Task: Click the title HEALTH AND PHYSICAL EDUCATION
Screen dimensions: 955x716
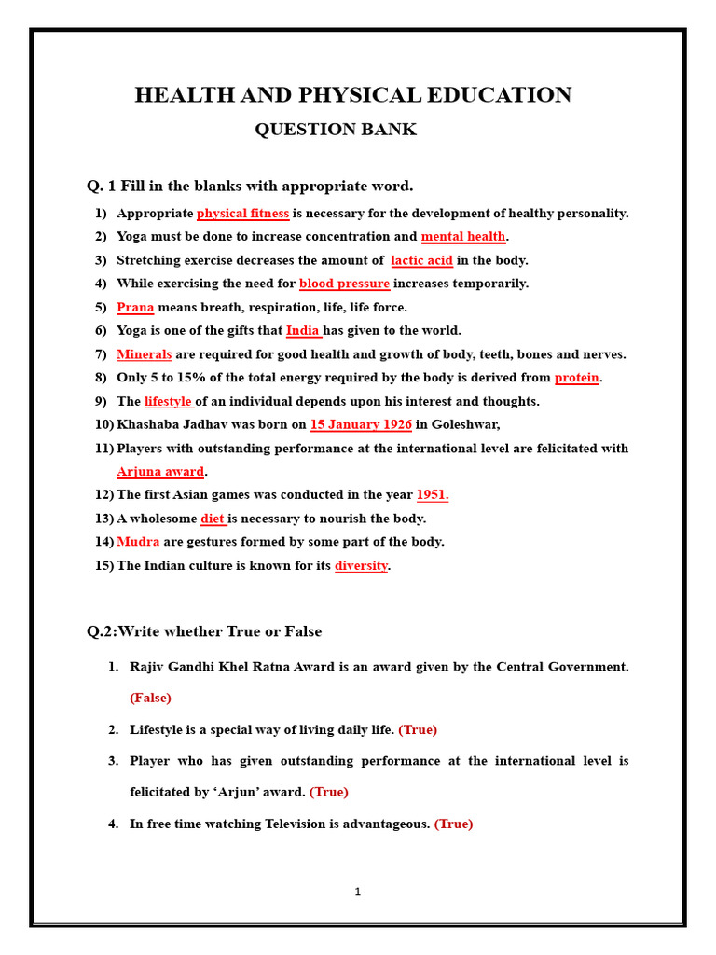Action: [x=352, y=95]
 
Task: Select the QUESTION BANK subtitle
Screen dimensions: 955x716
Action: [x=336, y=130]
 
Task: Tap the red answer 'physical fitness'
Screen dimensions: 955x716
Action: [x=242, y=214]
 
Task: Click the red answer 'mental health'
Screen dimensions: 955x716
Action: [x=463, y=237]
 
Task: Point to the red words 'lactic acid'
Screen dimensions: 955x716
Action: [x=421, y=260]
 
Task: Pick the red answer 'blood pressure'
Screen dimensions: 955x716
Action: [x=344, y=284]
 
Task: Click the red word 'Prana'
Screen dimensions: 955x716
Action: [x=135, y=308]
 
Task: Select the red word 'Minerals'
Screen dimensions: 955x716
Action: [x=144, y=354]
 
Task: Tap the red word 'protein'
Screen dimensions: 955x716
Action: [x=576, y=378]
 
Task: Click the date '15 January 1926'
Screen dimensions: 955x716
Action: [x=361, y=425]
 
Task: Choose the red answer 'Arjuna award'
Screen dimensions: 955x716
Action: [x=160, y=472]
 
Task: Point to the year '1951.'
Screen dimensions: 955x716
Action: [x=433, y=495]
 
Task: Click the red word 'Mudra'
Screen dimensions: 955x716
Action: [x=138, y=542]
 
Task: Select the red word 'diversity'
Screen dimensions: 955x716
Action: [x=361, y=566]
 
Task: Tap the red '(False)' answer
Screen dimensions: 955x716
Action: [x=151, y=698]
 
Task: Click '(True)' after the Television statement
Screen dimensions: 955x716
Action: [x=453, y=824]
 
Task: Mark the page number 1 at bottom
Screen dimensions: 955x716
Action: [x=357, y=893]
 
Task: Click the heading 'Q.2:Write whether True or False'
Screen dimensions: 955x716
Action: [x=204, y=631]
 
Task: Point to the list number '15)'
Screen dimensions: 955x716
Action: [x=103, y=566]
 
